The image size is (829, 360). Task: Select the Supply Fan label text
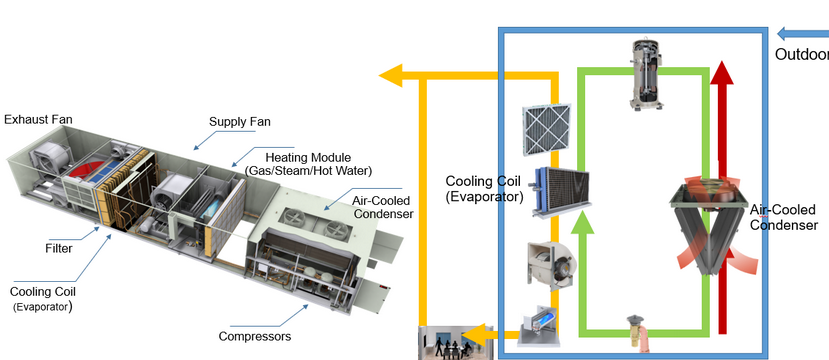pyautogui.click(x=239, y=122)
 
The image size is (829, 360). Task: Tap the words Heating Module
pyautogui.click(x=308, y=157)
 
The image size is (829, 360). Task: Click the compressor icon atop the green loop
pyautogui.click(x=646, y=73)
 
